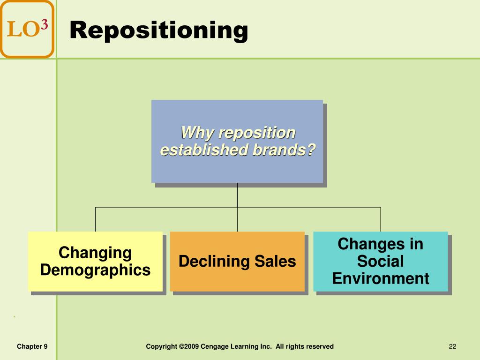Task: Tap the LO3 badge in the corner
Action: (27, 29)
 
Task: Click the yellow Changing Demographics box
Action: (95, 261)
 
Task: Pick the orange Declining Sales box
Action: (237, 261)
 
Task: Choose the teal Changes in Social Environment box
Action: (381, 261)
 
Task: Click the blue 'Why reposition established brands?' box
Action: (237, 141)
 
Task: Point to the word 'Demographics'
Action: (95, 270)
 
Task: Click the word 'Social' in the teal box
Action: (381, 261)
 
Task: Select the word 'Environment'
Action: (381, 278)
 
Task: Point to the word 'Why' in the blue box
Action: (193, 133)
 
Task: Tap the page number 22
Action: (452, 346)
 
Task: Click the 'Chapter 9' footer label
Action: (32, 346)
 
